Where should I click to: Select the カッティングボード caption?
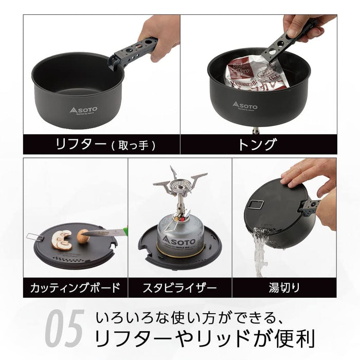pos(75,287)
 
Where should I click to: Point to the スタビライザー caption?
pos(179,287)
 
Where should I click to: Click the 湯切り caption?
pos(284,287)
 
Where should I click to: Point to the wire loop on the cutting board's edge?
pos(34,237)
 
